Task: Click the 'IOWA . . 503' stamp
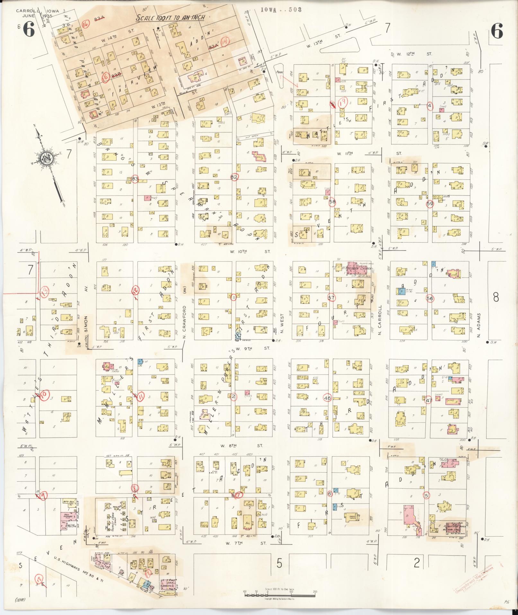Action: coord(281,10)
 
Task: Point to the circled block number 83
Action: coord(135,179)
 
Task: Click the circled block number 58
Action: coord(332,202)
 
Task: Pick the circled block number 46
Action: coord(328,398)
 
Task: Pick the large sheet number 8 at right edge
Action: coord(496,297)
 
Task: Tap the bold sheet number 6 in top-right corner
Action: coord(497,31)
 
